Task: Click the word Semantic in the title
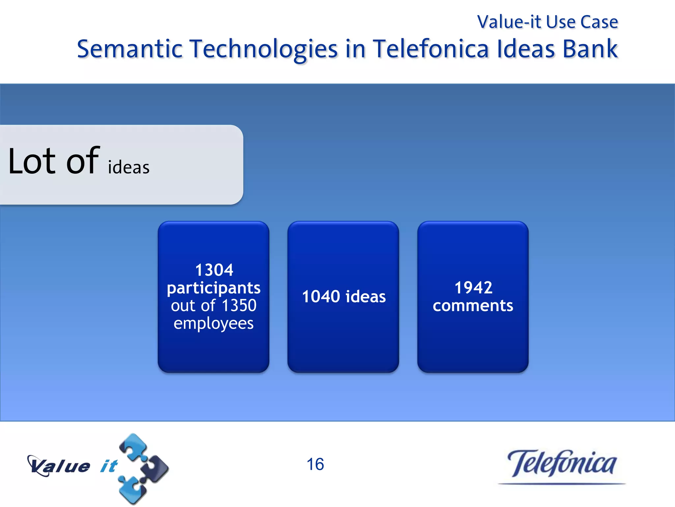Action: (x=130, y=49)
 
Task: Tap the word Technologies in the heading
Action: (x=264, y=49)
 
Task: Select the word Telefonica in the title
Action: (x=431, y=49)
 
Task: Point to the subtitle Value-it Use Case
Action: (x=547, y=22)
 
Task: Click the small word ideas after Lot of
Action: (x=129, y=167)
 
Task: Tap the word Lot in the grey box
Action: (x=32, y=161)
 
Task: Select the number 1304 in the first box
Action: (x=214, y=270)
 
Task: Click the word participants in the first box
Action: (x=214, y=288)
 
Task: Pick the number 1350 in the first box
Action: (x=239, y=305)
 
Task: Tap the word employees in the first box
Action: (x=214, y=323)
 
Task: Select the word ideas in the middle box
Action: (x=366, y=296)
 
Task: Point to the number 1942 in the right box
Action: (x=473, y=287)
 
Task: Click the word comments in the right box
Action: (x=473, y=306)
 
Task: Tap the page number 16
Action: (x=315, y=464)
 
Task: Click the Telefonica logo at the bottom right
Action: (x=561, y=464)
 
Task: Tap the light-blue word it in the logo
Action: (x=109, y=466)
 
